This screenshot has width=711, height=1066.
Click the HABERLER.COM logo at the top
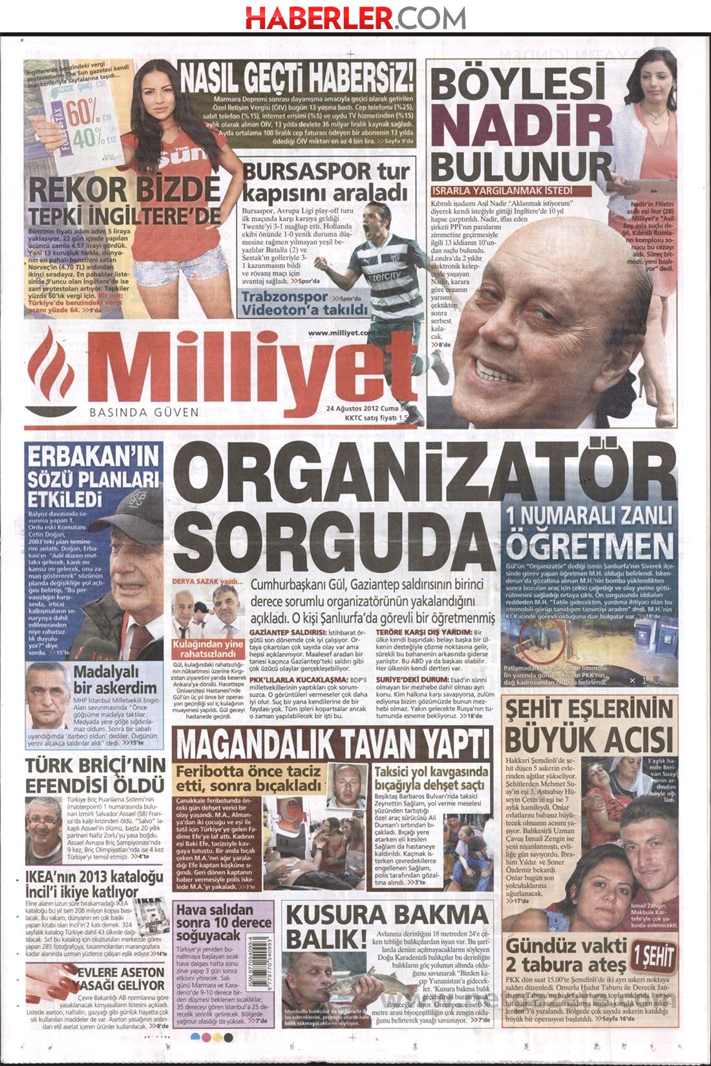coord(355,16)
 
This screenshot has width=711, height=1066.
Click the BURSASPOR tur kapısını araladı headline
coord(326,182)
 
